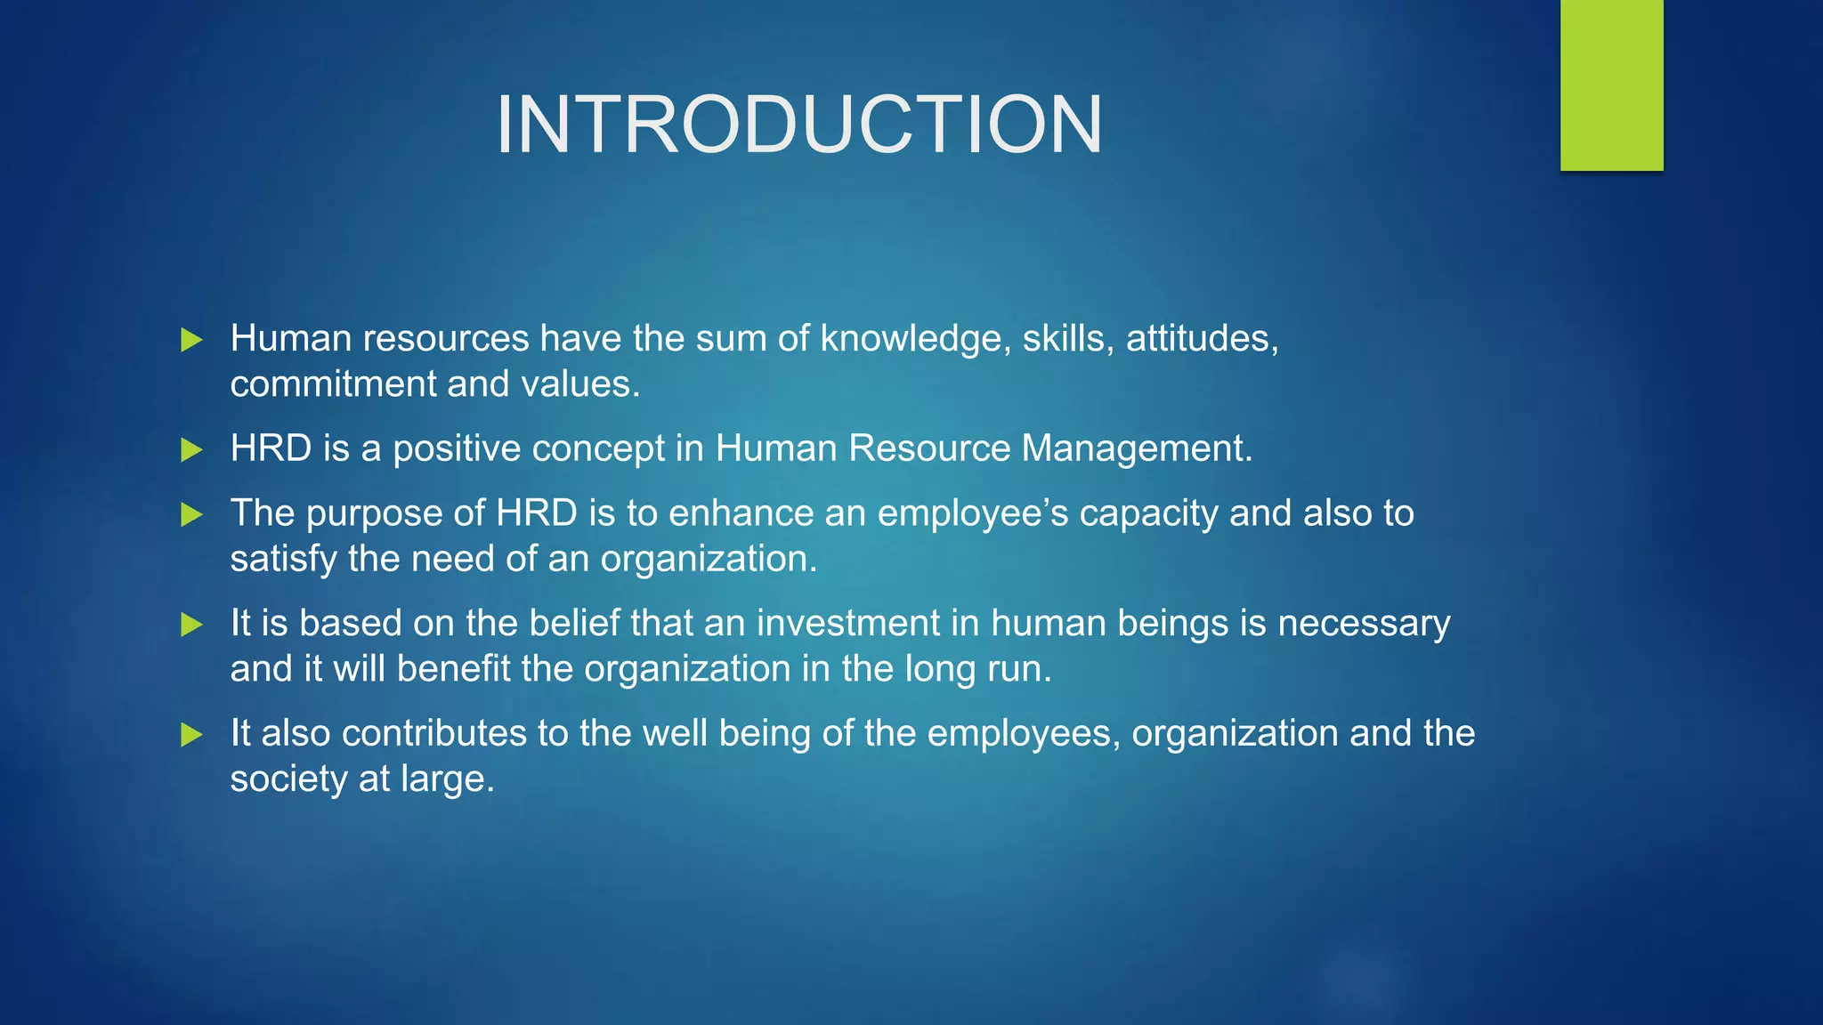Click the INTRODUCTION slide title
coord(798,125)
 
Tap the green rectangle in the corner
coord(1611,85)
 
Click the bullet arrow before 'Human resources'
coord(191,339)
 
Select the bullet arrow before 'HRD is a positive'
coord(191,449)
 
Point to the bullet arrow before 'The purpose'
coord(191,514)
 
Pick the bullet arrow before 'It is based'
coord(191,625)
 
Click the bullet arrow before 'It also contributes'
coord(191,735)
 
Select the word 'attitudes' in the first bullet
coord(1202,339)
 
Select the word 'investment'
coord(848,624)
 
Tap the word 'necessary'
coord(1364,624)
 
